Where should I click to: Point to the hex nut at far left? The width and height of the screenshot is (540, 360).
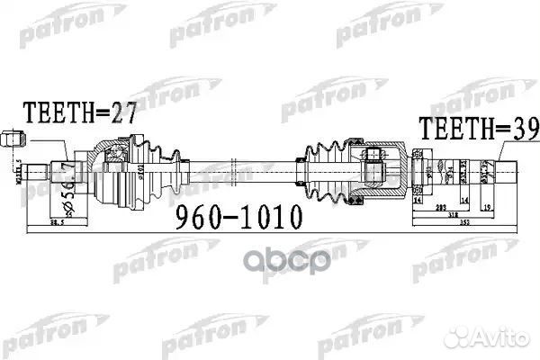point(14,140)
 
